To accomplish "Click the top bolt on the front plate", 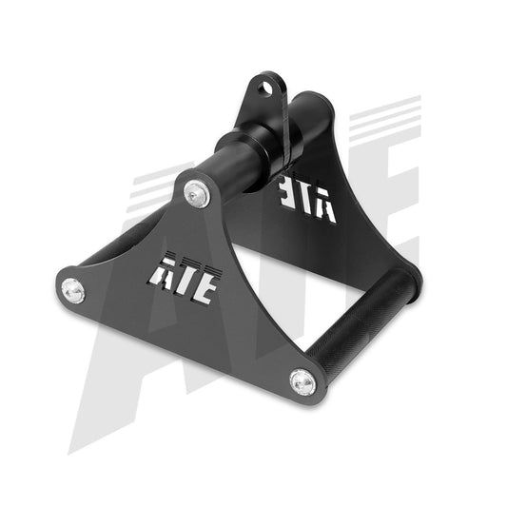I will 197,193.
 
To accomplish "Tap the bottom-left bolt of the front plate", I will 71,286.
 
